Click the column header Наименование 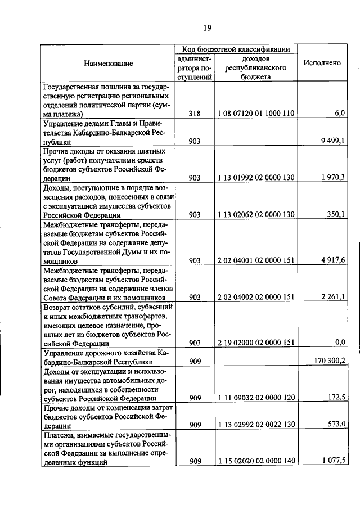[109, 63]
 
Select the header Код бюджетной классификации [236, 49]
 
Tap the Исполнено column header [322, 63]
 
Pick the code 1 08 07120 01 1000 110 [256, 113]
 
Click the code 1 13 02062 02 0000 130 [256, 214]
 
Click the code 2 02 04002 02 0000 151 [256, 297]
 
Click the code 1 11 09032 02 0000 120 [256, 398]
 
